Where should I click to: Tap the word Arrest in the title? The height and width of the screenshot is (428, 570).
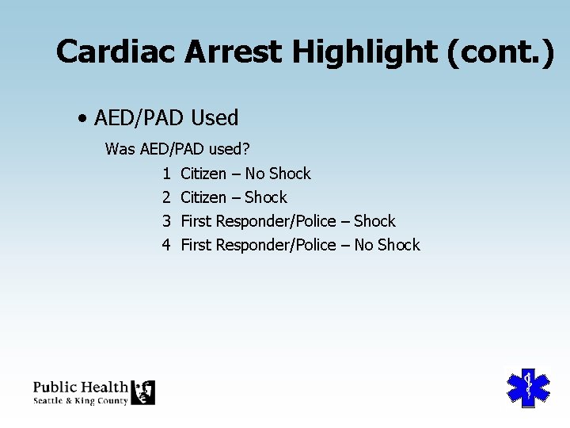(x=234, y=52)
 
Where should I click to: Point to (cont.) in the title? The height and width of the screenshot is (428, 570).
(x=500, y=52)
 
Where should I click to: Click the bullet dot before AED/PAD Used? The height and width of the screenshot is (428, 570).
(x=82, y=119)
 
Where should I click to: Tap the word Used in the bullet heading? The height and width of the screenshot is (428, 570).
(x=214, y=118)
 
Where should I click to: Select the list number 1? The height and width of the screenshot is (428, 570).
(x=166, y=174)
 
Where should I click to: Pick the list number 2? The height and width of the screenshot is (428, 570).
(x=166, y=197)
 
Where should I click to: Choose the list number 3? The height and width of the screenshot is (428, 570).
(x=166, y=221)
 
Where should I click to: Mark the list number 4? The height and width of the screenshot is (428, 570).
(x=166, y=245)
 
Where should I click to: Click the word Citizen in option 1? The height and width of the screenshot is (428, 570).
(x=203, y=174)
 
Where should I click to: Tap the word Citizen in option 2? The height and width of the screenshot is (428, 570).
(x=203, y=197)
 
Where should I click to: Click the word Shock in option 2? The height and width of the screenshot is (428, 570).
(x=266, y=197)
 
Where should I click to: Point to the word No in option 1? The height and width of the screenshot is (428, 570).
(x=254, y=174)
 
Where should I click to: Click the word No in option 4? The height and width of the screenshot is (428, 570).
(x=363, y=245)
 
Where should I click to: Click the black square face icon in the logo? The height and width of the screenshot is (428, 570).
(x=143, y=392)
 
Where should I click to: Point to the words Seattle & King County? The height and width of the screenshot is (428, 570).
(x=80, y=401)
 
